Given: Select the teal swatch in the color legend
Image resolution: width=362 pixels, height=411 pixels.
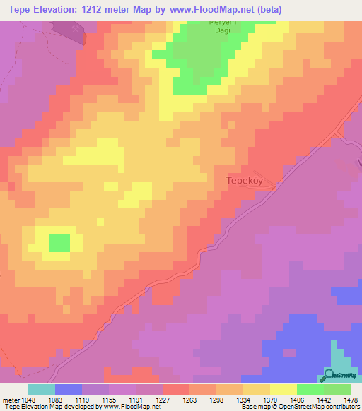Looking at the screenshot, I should point(42,389).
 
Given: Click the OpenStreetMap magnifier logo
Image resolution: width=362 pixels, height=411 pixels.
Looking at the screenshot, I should point(329,376).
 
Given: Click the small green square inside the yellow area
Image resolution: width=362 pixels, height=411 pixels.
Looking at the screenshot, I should point(59,243).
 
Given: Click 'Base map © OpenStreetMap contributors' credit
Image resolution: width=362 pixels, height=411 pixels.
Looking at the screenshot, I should point(300,407).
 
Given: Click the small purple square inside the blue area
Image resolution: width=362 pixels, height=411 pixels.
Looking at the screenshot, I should point(288,351).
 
